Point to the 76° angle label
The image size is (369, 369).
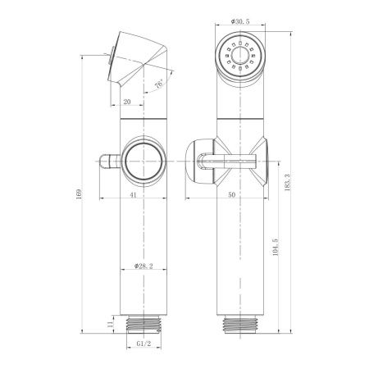pyautogui.click(x=158, y=84)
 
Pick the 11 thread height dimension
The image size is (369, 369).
pyautogui.click(x=108, y=325)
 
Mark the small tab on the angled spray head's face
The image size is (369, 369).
pyautogui.click(x=111, y=59)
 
